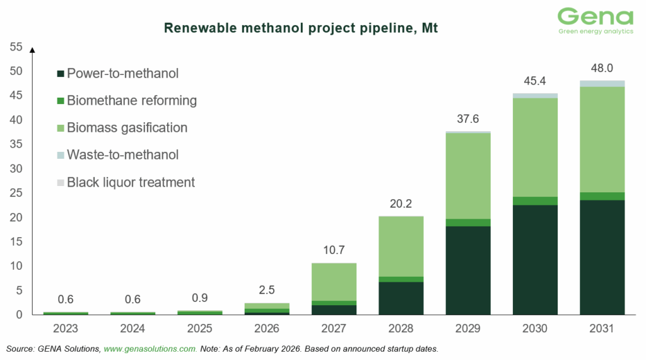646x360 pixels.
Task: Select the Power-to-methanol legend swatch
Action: tap(60, 74)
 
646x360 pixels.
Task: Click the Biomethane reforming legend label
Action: tap(132, 100)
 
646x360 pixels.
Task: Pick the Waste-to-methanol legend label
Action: tap(122, 155)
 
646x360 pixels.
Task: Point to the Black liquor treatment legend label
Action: tap(131, 182)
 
